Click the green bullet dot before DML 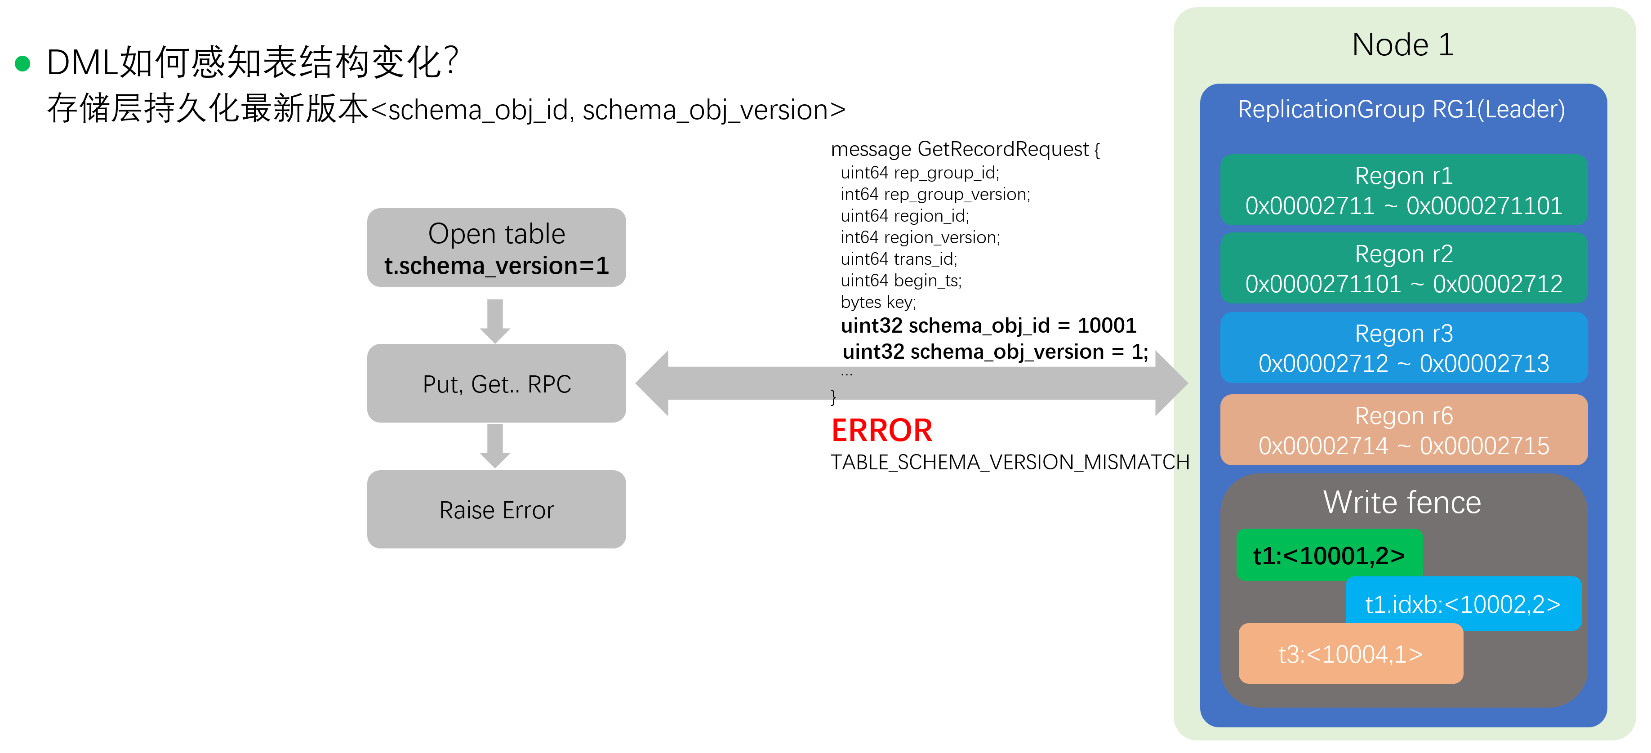22,63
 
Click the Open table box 496,247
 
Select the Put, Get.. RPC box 496,383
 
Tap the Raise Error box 496,509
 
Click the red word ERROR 881,430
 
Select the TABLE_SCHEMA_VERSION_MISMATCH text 1010,462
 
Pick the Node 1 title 1402,45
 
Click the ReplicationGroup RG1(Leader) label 1401,110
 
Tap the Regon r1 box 1404,190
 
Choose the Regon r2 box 1404,268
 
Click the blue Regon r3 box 1404,348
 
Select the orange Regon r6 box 1404,430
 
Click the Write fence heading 1402,503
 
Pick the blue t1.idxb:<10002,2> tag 1463,604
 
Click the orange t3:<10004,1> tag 1350,654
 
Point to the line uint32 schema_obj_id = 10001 988,325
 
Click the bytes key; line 878,302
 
